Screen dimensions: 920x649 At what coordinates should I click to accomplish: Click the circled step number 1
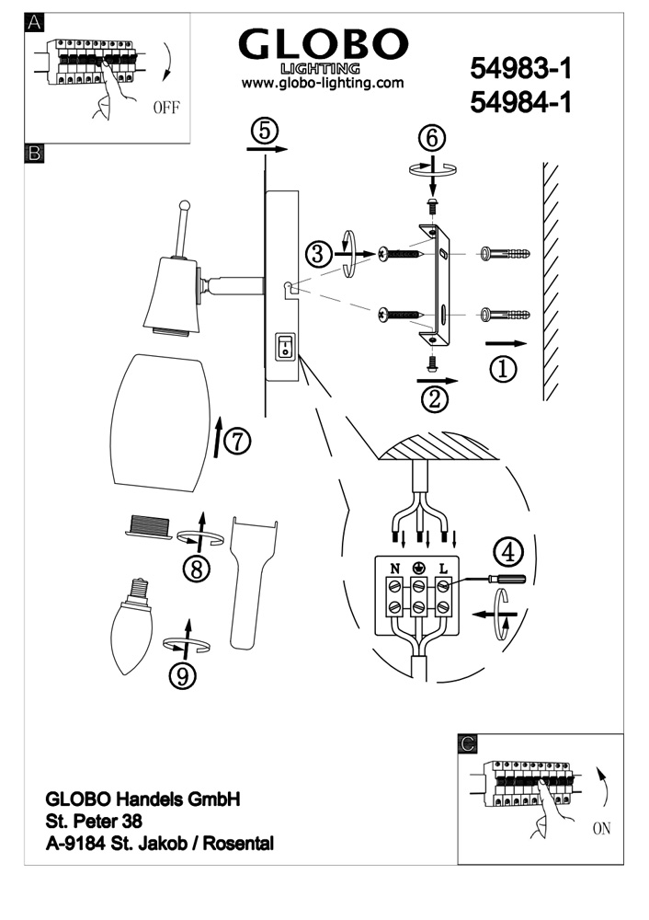[502, 370]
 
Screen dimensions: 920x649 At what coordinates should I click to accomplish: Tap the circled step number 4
[508, 552]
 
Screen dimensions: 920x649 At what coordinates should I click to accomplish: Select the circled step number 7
[237, 443]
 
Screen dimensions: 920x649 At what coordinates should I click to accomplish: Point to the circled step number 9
[183, 676]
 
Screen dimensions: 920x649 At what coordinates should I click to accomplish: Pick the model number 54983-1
[520, 68]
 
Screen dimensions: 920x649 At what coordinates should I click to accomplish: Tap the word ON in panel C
[601, 829]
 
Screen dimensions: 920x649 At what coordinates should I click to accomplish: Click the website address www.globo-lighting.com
[323, 83]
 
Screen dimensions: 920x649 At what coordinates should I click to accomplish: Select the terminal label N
[395, 568]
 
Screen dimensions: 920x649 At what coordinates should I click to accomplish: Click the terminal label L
[442, 568]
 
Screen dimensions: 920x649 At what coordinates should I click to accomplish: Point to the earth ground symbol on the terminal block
[419, 568]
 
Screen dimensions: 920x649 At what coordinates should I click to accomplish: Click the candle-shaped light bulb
[131, 629]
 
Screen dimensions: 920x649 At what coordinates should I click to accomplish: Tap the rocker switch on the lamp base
[285, 347]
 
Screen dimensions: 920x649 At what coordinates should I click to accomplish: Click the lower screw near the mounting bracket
[396, 316]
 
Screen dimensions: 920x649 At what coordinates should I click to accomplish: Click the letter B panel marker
[34, 154]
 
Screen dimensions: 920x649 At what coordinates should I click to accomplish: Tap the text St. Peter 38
[94, 821]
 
